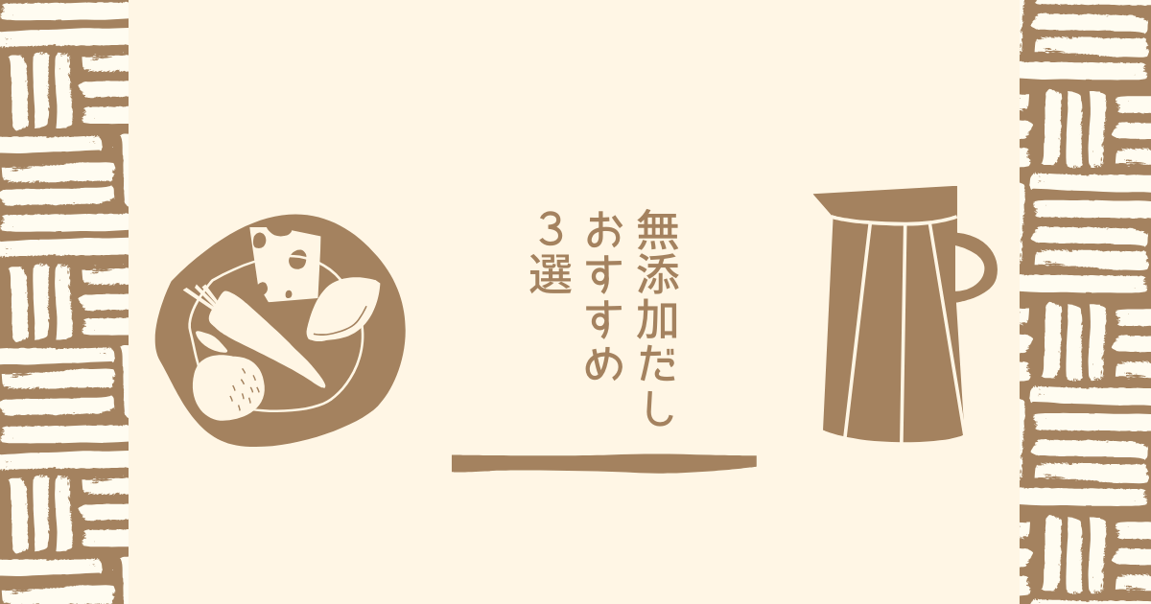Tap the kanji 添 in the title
click(658, 274)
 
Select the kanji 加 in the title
click(658, 318)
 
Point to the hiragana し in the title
click(658, 406)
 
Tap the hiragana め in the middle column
click(605, 361)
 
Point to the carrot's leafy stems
click(200, 295)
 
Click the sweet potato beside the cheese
click(343, 309)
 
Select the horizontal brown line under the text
click(604, 463)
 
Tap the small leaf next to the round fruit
click(208, 340)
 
